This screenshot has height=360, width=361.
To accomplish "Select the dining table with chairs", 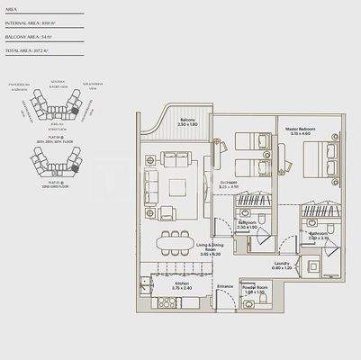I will tap(168, 243).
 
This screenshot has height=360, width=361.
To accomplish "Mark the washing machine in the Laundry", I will tap(311, 265).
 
